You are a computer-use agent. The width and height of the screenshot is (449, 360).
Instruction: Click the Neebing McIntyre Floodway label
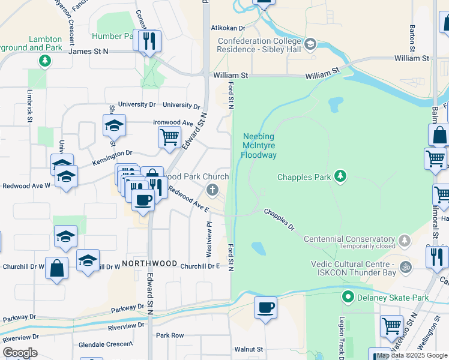click(259, 146)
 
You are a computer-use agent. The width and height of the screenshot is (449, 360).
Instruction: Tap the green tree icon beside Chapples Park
click(340, 176)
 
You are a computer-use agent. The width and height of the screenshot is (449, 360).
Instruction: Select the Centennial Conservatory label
click(349, 239)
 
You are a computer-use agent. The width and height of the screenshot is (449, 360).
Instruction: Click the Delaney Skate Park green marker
click(347, 297)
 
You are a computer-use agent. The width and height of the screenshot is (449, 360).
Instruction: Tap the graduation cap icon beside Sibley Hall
click(310, 44)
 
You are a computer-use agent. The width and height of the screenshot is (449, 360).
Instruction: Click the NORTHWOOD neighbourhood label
click(149, 264)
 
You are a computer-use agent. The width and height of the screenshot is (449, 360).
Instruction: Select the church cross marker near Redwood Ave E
click(211, 191)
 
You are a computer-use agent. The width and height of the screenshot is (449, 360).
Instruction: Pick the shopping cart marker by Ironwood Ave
click(169, 137)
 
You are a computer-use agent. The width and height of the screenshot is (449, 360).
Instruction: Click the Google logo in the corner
click(20, 352)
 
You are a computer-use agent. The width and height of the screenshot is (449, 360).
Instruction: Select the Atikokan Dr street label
click(228, 28)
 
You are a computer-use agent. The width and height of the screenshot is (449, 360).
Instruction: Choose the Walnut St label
click(249, 349)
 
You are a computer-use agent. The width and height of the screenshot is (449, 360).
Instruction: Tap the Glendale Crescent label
click(105, 344)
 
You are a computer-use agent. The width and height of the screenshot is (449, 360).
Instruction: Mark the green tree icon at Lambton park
click(44, 60)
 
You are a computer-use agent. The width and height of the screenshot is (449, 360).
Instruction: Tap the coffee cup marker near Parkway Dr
click(265, 308)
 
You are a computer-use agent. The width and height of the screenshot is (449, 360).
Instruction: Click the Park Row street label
click(170, 335)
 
